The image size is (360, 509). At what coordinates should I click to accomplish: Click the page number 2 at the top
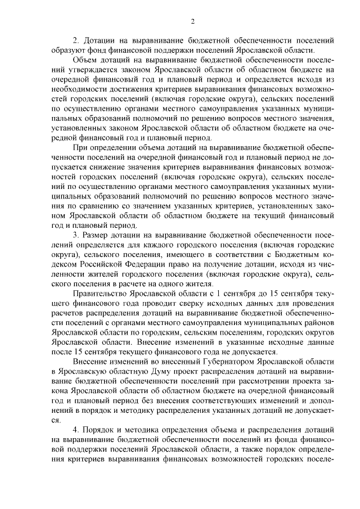pos(192,22)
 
